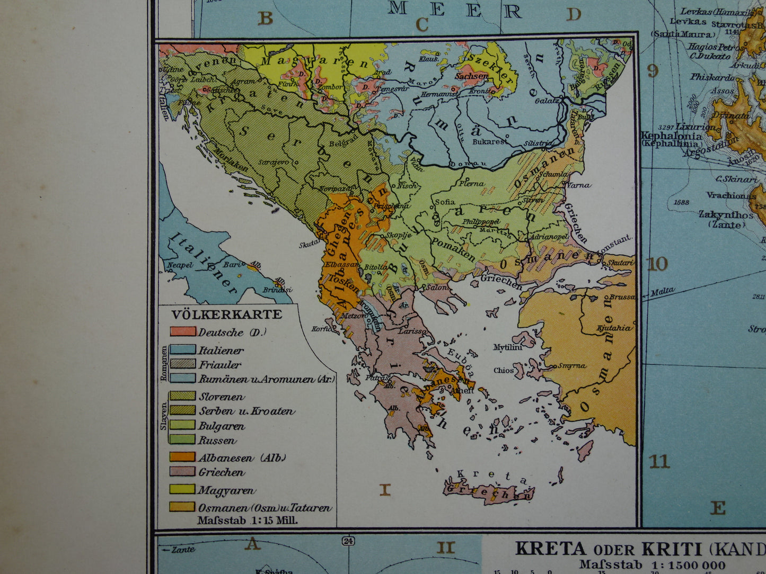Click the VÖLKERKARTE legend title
pyautogui.click(x=226, y=315)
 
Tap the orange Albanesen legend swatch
pyautogui.click(x=182, y=456)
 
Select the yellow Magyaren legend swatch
pyautogui.click(x=182, y=489)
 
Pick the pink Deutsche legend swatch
pyautogui.click(x=182, y=331)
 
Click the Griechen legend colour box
pyautogui.click(x=182, y=471)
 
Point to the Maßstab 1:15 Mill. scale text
pyautogui.click(x=248, y=520)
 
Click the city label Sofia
pyautogui.click(x=444, y=201)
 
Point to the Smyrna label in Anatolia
pyautogui.click(x=571, y=365)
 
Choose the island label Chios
pyautogui.click(x=504, y=370)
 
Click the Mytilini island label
pyautogui.click(x=508, y=347)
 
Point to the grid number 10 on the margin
pyautogui.click(x=657, y=264)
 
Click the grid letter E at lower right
pyautogui.click(x=717, y=508)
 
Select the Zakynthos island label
pyautogui.click(x=726, y=215)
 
